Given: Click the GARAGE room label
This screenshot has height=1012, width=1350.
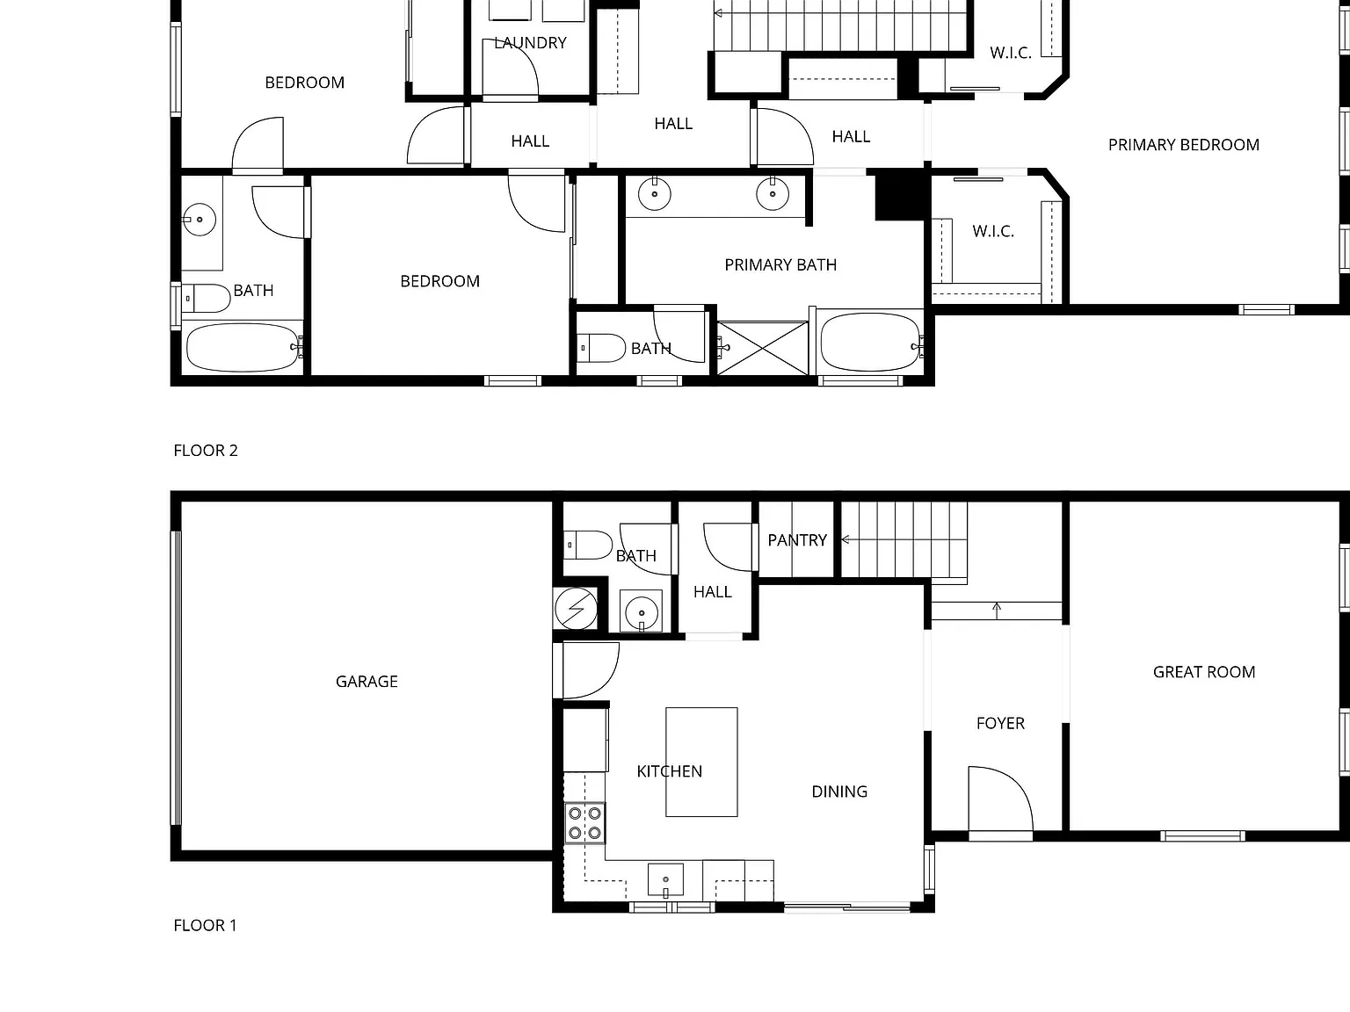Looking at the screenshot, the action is [367, 682].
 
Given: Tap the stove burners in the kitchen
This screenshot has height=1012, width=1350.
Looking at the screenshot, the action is [584, 823].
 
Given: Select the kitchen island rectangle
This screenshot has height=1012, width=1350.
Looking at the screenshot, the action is [701, 762].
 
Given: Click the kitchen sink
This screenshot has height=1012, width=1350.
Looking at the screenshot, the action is [665, 880].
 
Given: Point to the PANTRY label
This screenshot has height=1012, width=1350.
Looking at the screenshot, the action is [797, 540].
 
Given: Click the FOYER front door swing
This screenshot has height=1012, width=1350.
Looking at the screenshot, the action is [1001, 799].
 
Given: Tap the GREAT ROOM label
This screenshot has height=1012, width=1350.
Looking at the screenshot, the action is [1204, 672].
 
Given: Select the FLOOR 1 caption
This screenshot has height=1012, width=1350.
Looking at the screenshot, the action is [205, 925].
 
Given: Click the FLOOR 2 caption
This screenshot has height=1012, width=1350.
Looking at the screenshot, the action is [206, 451].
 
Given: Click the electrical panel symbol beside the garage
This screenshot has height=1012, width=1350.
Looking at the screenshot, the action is [576, 609].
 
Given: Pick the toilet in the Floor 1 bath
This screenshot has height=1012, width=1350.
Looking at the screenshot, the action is [588, 545].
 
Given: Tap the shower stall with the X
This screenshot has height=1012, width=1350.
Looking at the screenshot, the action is [763, 348].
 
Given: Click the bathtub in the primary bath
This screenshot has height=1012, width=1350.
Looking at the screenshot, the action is [870, 343].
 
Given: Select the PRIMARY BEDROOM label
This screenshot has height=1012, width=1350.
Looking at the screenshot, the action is [1184, 145].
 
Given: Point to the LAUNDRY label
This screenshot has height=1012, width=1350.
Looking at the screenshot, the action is [530, 43].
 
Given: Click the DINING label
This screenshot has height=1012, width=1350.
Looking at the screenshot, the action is [839, 792].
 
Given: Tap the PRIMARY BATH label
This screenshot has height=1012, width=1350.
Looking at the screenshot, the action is [780, 264].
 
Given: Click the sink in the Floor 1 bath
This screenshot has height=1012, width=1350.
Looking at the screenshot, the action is [642, 612].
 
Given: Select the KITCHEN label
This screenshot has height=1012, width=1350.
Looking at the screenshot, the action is [669, 772].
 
